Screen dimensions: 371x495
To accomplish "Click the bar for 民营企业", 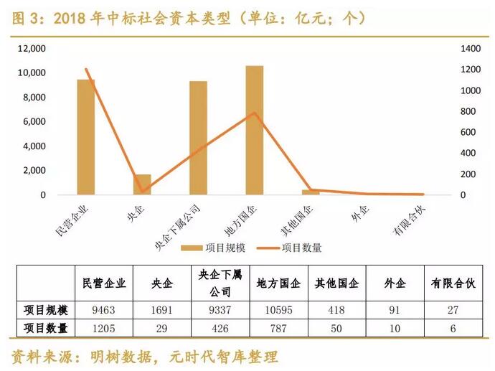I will (86, 137).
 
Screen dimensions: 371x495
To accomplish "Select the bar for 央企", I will (142, 184).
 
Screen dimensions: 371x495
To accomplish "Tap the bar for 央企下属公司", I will (198, 138).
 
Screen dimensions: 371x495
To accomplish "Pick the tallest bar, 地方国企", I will (254, 130).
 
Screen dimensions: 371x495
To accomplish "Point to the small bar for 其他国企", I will (310, 192).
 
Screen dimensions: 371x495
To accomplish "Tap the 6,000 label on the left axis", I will (34, 122).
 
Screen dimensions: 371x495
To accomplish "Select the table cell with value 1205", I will (104, 328).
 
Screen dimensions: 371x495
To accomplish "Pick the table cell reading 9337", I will (221, 310).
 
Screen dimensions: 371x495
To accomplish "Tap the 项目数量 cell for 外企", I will (392, 328).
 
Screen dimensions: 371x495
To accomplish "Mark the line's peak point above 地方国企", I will (254, 113).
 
